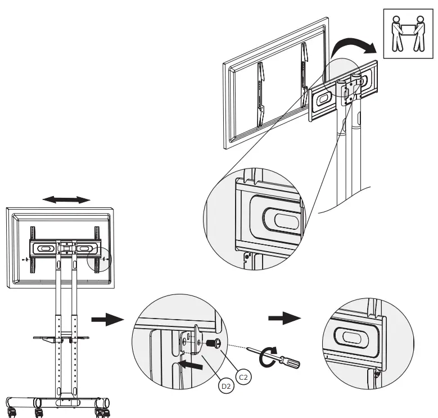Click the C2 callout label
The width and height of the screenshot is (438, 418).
(244, 376)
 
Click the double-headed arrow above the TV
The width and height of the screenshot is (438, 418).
(67, 200)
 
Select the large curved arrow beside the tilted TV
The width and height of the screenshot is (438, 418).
(352, 47)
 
